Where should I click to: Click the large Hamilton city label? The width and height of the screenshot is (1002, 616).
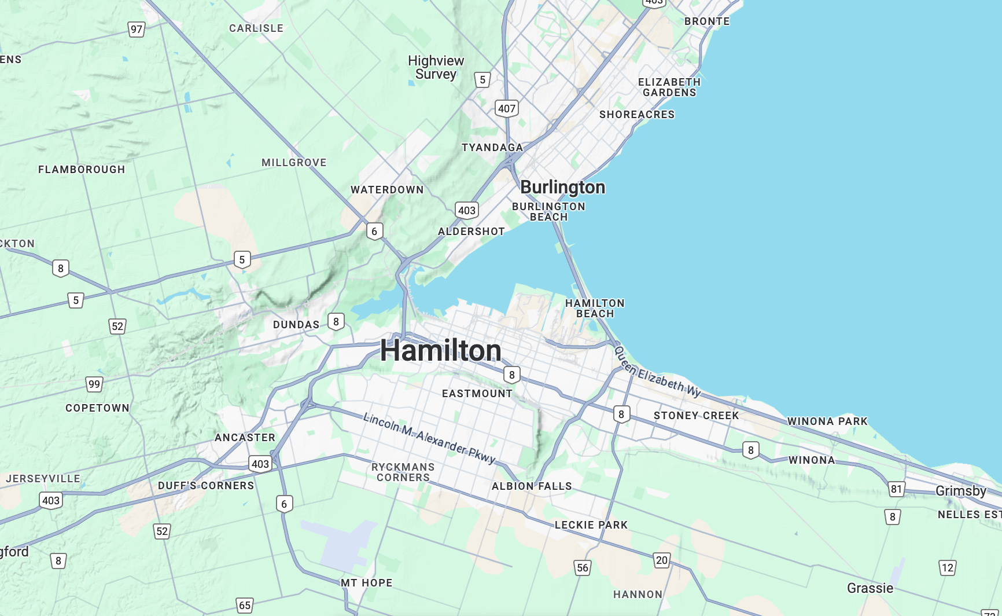tap(440, 351)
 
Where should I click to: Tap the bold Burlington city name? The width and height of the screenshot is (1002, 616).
tap(562, 187)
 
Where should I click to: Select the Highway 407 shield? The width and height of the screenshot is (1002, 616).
tap(506, 108)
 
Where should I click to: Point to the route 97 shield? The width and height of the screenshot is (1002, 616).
tap(137, 30)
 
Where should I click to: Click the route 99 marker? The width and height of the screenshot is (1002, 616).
tap(94, 384)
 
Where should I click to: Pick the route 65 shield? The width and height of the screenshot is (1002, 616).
tap(245, 606)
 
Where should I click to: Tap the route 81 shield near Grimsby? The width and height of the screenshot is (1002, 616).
tap(896, 489)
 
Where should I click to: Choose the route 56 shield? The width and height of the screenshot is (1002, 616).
tap(583, 567)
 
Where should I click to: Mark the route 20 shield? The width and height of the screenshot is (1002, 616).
tap(662, 560)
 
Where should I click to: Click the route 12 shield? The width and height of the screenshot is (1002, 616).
tap(947, 567)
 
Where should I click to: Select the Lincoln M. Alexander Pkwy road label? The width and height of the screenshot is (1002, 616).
tap(429, 438)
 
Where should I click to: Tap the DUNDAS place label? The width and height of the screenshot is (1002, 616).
tap(296, 325)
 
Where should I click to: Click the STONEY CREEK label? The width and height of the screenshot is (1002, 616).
tap(696, 416)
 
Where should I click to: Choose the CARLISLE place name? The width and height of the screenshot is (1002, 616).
tap(256, 28)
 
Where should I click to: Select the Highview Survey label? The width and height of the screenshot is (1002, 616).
tap(436, 68)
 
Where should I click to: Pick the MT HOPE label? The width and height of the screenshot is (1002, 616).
tap(366, 583)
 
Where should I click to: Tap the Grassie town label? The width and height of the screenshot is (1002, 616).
tap(870, 588)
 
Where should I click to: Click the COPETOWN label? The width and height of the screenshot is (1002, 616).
tap(97, 408)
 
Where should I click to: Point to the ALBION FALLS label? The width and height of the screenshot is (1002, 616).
tap(532, 486)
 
